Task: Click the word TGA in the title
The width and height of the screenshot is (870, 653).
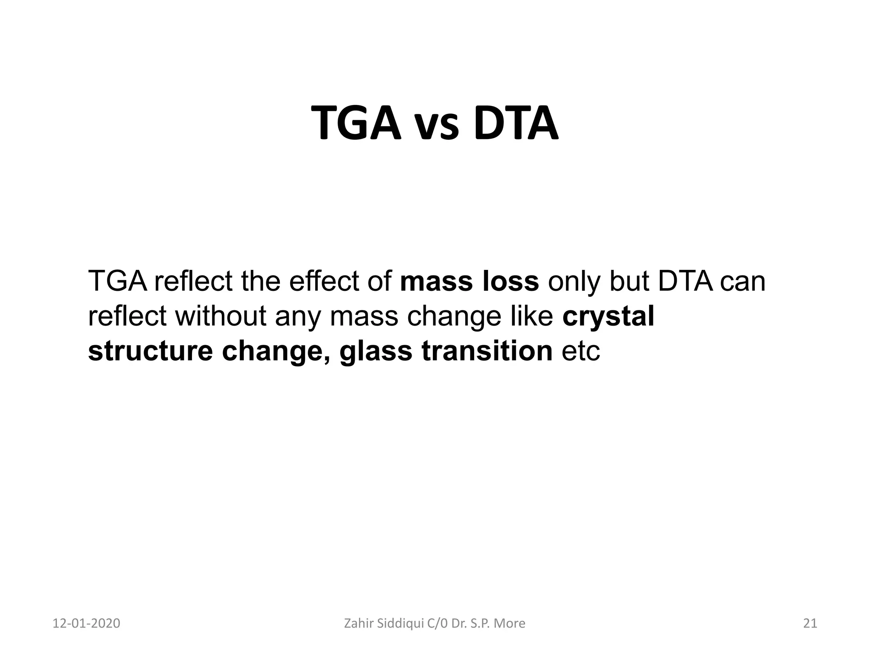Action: pyautogui.click(x=356, y=124)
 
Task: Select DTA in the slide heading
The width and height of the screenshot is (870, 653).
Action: pyautogui.click(x=515, y=124)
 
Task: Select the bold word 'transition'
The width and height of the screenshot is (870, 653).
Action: pyautogui.click(x=487, y=352)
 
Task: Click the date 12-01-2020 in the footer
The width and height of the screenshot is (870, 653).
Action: pyautogui.click(x=86, y=624)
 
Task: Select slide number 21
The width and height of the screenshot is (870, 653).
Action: pyautogui.click(x=810, y=624)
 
